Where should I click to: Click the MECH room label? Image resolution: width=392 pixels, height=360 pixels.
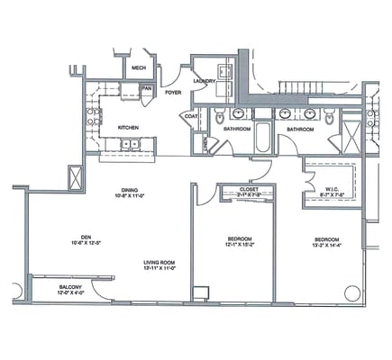[x=138, y=68]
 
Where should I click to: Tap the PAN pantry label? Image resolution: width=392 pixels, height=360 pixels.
[x=146, y=88]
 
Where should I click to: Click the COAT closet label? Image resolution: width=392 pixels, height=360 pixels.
[x=191, y=115]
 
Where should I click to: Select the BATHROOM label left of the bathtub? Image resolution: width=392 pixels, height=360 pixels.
[x=237, y=129]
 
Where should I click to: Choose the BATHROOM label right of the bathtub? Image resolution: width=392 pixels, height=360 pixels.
[x=300, y=129]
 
